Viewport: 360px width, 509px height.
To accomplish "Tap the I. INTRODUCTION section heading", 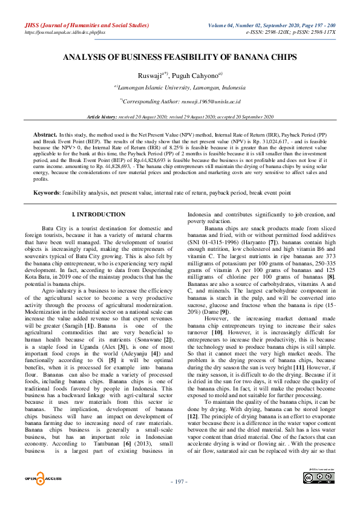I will point(98,215).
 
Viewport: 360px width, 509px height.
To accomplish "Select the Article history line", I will point(180,115).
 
